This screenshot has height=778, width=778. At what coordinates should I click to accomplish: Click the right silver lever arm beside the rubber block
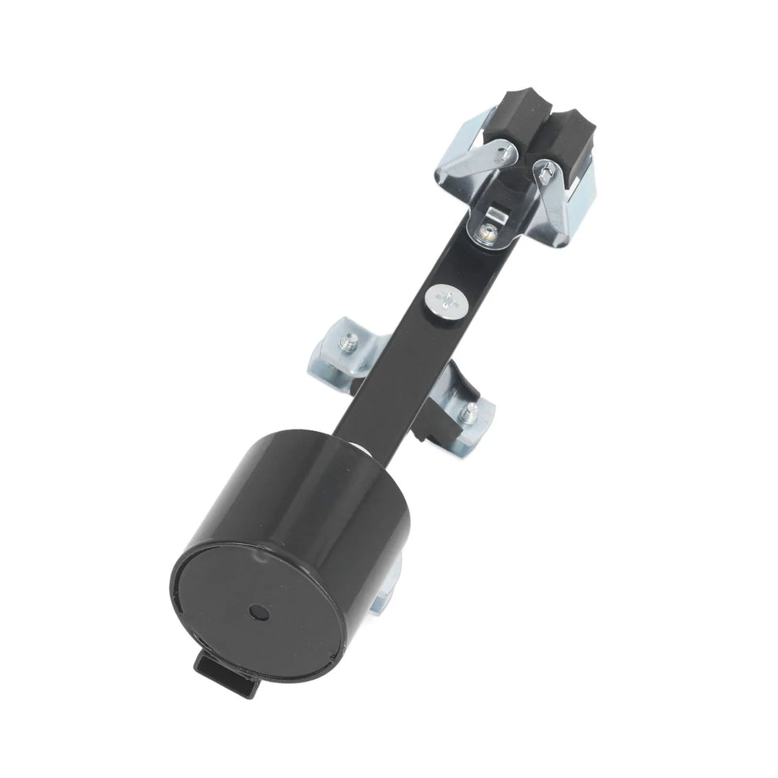pos(560,199)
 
